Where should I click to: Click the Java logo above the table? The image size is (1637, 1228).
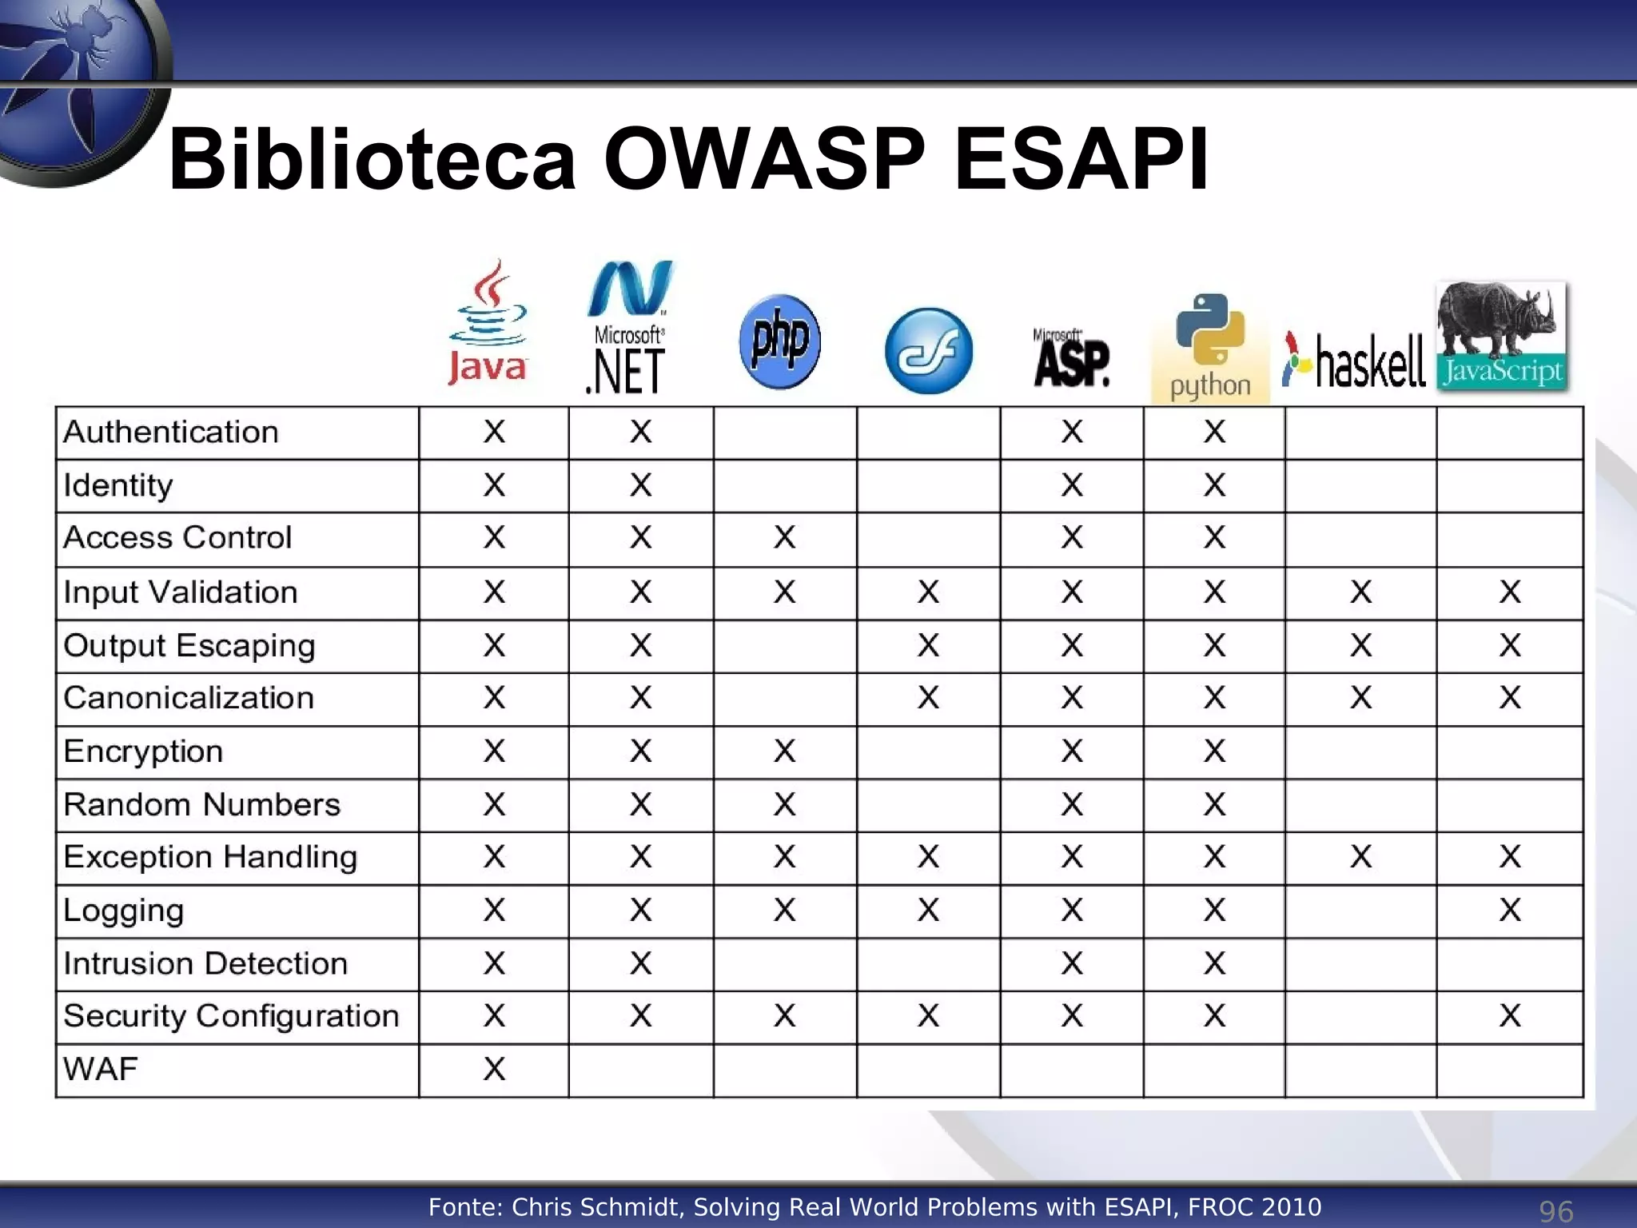(488, 324)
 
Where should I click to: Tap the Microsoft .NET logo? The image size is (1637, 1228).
(628, 328)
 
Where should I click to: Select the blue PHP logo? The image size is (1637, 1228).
(780, 341)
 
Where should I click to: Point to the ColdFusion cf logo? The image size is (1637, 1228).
(929, 351)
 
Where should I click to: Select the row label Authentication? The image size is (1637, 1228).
(171, 433)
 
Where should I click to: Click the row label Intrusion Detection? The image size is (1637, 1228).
(205, 964)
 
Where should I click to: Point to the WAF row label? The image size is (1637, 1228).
(101, 1070)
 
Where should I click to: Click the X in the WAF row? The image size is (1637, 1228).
(494, 1070)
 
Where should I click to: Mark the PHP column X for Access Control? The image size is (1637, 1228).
(784, 538)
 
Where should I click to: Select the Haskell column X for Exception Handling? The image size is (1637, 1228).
(1360, 857)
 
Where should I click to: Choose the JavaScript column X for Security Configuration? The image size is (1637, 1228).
(1509, 1016)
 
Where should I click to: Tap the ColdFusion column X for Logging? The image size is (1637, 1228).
(928, 911)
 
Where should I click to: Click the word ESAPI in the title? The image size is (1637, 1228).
(1081, 159)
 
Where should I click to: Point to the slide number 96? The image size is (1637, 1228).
(1555, 1211)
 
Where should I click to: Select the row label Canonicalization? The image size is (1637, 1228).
(189, 699)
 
